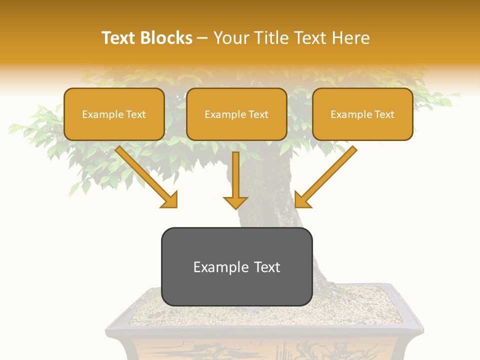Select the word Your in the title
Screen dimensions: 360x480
click(232, 38)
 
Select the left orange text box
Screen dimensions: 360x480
click(114, 114)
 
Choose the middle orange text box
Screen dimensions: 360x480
click(236, 114)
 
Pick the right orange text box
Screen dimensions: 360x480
click(362, 114)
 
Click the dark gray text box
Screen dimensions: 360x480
click(236, 266)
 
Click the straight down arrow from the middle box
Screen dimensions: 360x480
click(235, 180)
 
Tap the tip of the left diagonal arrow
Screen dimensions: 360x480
click(176, 206)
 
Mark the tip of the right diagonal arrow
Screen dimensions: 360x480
click(296, 206)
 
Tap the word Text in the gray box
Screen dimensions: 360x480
click(267, 267)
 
